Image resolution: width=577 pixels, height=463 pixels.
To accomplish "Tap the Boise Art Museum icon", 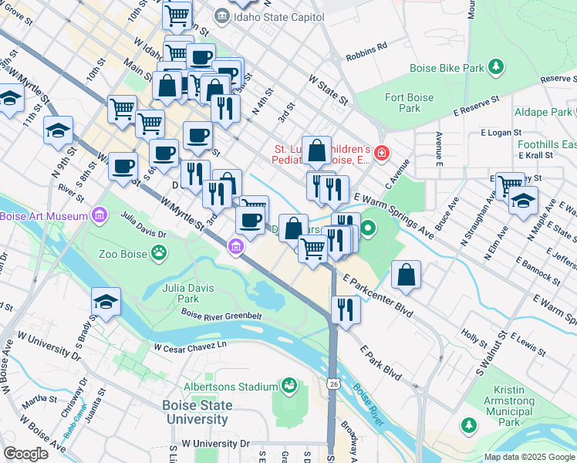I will tap(99, 214).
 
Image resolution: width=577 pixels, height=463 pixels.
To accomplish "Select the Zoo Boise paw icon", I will tap(160, 252).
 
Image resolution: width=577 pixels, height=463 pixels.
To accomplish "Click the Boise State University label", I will tap(195, 413).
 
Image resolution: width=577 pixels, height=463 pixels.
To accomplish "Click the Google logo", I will tap(25, 454).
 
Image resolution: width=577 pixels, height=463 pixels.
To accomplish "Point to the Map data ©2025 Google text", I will tap(528, 457).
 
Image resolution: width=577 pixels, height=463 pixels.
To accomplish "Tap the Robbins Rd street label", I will tap(366, 46).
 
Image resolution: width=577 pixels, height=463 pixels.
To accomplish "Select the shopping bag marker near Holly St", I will tap(406, 275).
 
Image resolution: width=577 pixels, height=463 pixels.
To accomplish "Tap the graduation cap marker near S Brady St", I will tap(106, 302).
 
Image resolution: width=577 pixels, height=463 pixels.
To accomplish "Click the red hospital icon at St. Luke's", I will tap(380, 155).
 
